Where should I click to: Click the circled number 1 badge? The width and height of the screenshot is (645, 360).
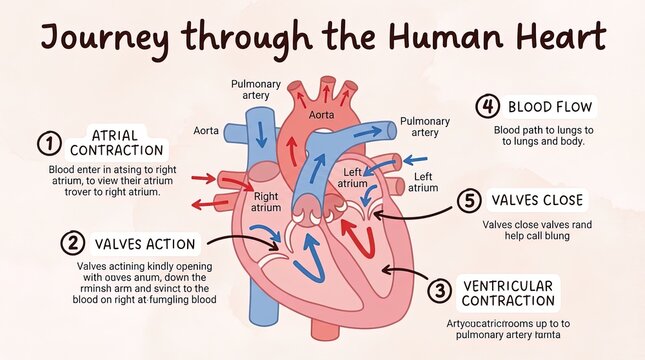[49, 144]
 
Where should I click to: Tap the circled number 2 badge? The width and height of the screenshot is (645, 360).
[72, 243]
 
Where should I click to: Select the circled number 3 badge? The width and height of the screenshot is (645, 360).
[439, 292]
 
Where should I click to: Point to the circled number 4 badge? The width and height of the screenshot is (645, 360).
[487, 107]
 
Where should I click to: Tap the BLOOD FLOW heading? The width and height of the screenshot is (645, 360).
[550, 107]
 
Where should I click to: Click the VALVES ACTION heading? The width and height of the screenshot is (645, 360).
[145, 243]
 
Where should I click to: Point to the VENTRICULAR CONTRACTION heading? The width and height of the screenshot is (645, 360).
[508, 292]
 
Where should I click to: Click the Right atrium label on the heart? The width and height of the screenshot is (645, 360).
[266, 202]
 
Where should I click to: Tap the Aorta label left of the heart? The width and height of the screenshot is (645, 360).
[207, 130]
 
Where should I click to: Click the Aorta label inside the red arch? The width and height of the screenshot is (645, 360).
[322, 115]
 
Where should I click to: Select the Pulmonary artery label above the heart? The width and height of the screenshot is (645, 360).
[256, 90]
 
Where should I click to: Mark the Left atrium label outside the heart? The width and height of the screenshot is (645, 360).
[424, 181]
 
